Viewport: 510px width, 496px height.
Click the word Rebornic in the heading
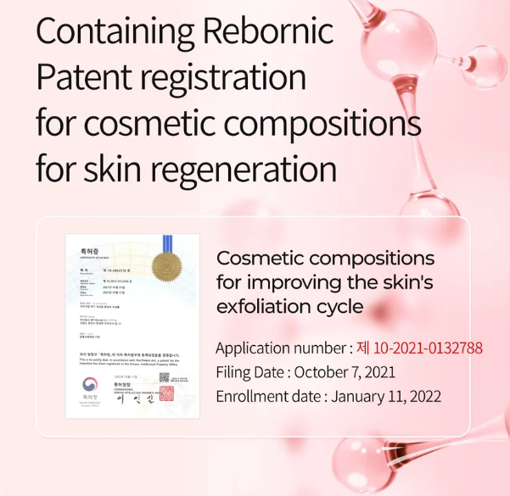click(268, 32)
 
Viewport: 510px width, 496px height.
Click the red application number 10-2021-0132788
click(419, 348)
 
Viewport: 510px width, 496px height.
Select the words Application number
click(280, 348)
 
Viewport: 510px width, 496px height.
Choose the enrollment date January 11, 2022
click(386, 396)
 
